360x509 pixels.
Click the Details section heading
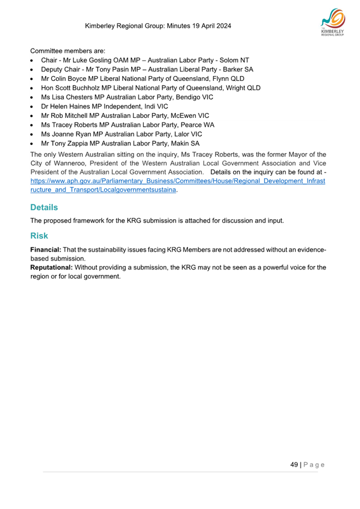click(x=44, y=208)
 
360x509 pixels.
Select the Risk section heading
click(x=39, y=235)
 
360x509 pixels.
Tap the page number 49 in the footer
click(x=294, y=464)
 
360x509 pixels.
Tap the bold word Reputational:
click(x=52, y=268)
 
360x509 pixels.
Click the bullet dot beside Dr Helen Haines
click(x=34, y=106)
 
